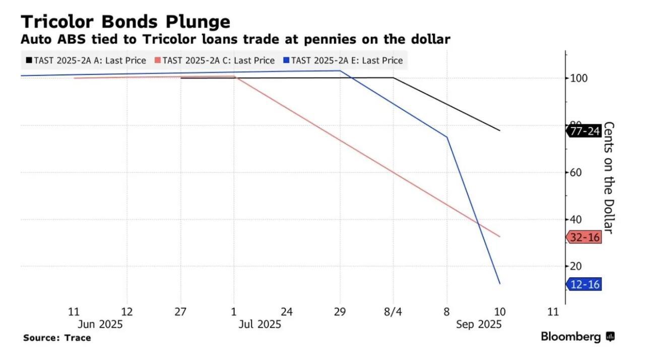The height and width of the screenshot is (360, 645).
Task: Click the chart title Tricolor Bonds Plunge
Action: click(x=125, y=21)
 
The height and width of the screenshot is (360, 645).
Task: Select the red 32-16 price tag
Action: click(x=585, y=237)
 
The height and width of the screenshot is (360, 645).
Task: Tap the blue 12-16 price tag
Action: click(x=585, y=284)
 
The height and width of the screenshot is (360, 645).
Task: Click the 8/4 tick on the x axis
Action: click(x=393, y=312)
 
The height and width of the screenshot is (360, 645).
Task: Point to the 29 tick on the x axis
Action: click(x=340, y=312)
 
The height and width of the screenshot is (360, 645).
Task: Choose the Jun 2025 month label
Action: click(x=100, y=324)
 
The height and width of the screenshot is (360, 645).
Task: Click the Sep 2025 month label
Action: click(x=479, y=324)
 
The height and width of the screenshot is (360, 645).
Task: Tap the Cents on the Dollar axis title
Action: click(x=608, y=177)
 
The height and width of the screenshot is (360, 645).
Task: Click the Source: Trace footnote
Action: click(x=57, y=338)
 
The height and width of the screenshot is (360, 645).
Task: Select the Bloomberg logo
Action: click(x=577, y=336)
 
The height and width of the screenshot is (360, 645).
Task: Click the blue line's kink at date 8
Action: click(x=446, y=137)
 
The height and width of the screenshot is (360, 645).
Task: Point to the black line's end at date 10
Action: click(x=500, y=131)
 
